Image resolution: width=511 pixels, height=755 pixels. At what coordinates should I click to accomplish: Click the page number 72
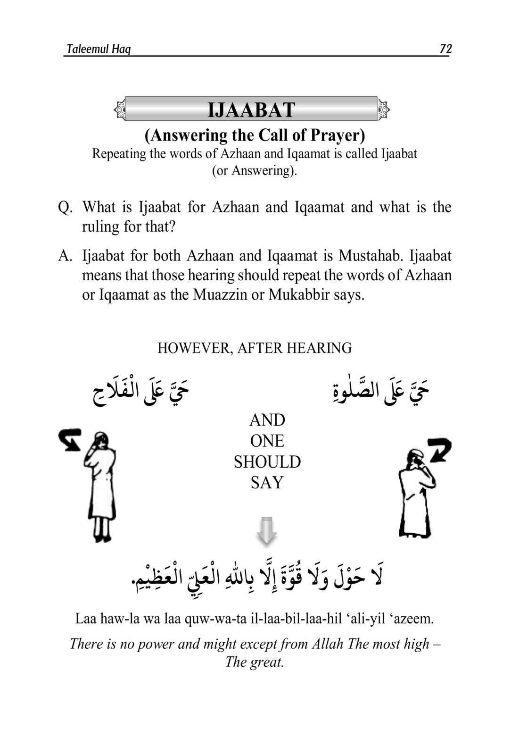tap(445, 49)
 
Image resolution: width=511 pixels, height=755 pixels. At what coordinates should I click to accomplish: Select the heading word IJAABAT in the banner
tap(251, 110)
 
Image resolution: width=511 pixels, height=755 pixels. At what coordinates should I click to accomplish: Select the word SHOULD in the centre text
tap(267, 462)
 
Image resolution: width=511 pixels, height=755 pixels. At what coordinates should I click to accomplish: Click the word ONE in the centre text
tap(267, 441)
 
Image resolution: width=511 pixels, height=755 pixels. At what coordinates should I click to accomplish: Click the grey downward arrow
tap(266, 530)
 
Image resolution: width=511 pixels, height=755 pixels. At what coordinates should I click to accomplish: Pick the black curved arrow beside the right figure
tap(439, 450)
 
